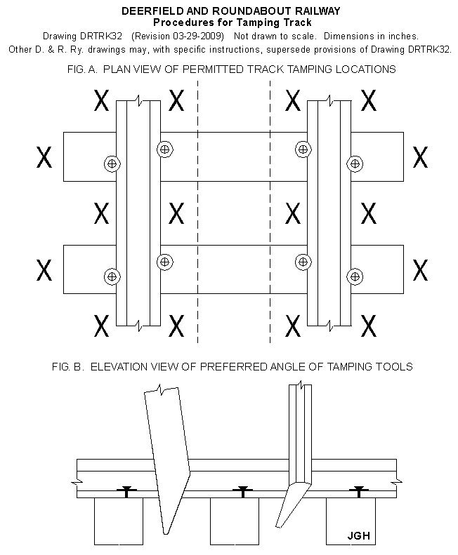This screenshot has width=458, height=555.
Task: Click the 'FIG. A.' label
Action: pyautogui.click(x=82, y=69)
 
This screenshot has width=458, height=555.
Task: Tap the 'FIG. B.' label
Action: pyautogui.click(x=68, y=367)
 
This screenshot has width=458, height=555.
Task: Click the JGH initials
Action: pyautogui.click(x=358, y=535)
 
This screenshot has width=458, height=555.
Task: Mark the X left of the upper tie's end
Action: pyautogui.click(x=44, y=157)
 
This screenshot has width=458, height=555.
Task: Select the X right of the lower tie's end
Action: pyautogui.click(x=421, y=270)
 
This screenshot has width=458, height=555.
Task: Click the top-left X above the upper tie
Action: pyautogui.click(x=101, y=100)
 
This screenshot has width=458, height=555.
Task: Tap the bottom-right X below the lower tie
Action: pyautogui.click(x=369, y=326)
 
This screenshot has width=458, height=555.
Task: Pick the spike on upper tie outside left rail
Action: pyautogui.click(x=112, y=163)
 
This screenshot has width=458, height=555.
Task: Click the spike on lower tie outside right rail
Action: pyautogui.click(x=355, y=276)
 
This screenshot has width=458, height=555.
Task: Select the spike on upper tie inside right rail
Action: pyautogui.click(x=303, y=149)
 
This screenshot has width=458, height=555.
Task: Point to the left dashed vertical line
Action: pyautogui.click(x=198, y=212)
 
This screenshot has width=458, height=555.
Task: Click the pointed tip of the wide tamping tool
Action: pyautogui.click(x=165, y=533)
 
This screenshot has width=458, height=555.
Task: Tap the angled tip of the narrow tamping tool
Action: pyautogui.click(x=278, y=526)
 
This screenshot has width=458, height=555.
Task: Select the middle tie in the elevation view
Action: pyautogui.click(x=235, y=521)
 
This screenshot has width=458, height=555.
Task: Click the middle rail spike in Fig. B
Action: pyautogui.click(x=242, y=492)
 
